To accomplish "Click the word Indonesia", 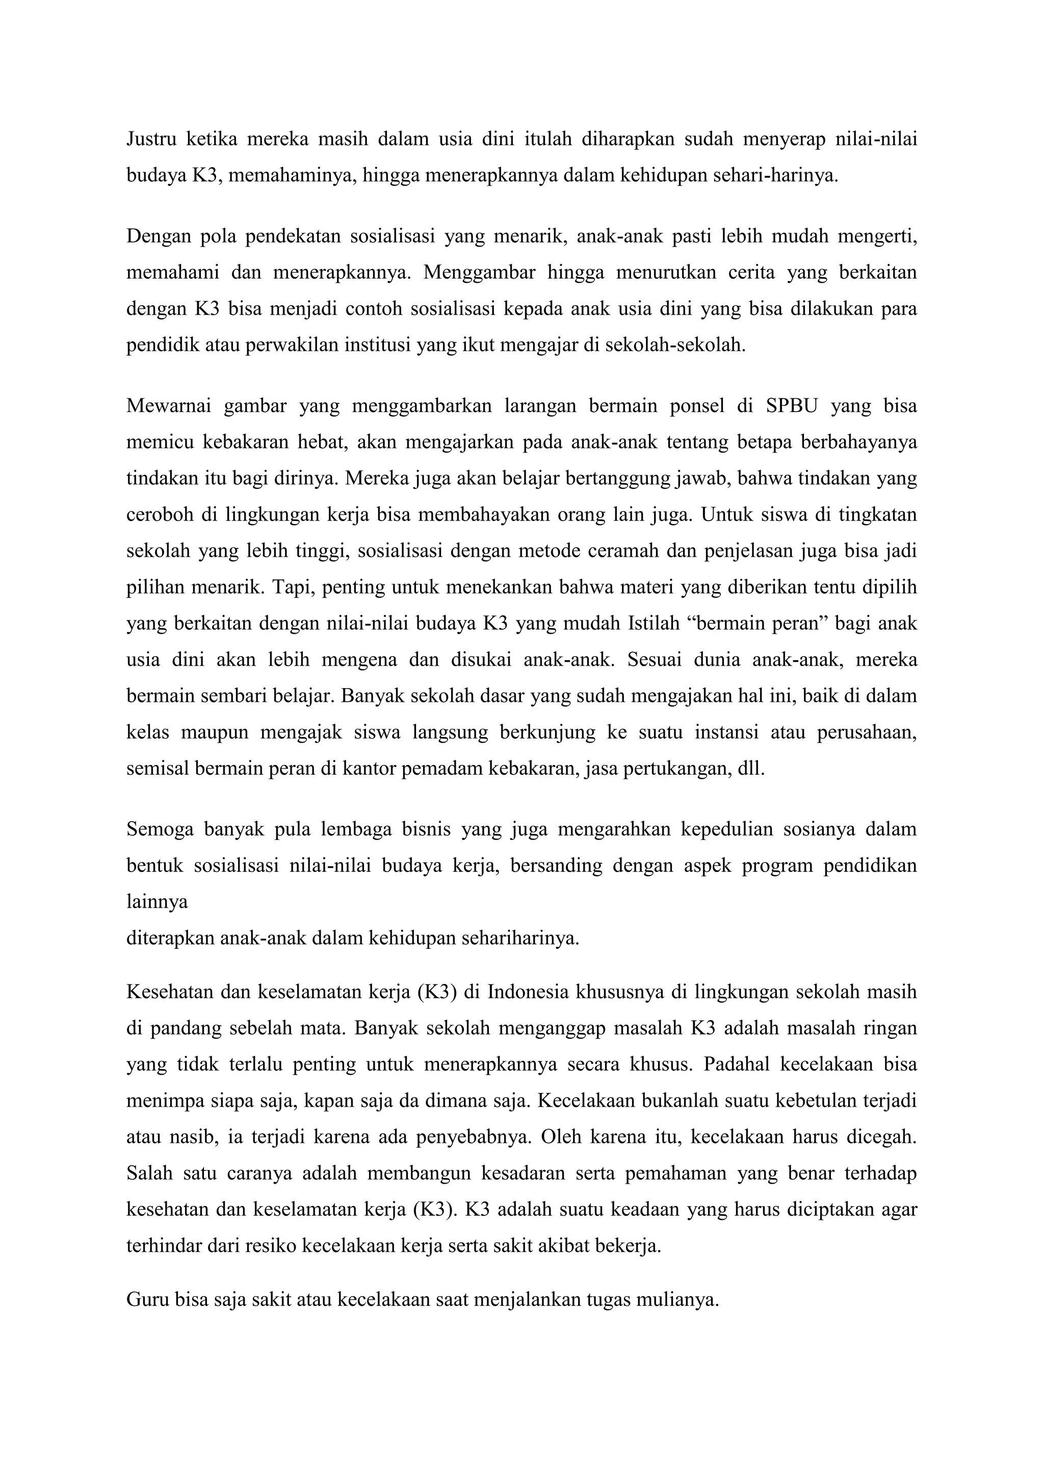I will (x=529, y=992).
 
